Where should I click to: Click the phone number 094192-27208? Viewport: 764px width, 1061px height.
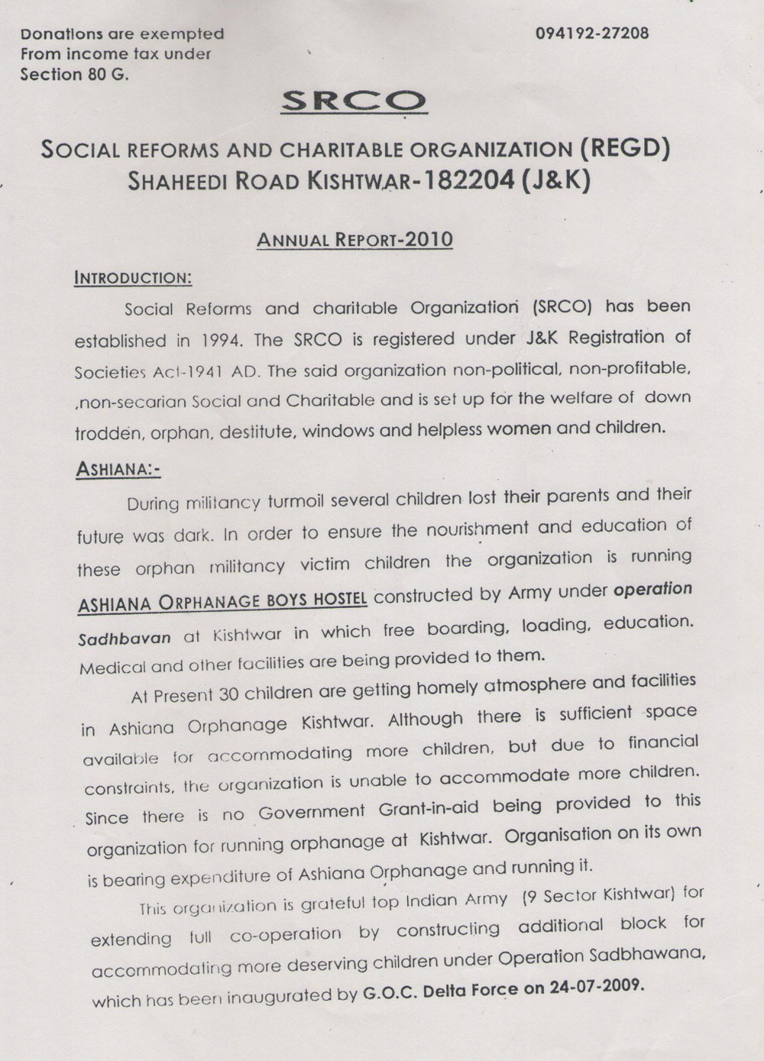[582, 34]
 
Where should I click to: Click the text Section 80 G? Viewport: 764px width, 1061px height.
[75, 75]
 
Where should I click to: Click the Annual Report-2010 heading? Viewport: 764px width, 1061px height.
[354, 240]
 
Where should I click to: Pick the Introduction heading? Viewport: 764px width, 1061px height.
[133, 277]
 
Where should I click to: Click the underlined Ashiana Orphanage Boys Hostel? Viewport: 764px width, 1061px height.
[222, 600]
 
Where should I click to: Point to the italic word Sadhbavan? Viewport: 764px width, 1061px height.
[125, 638]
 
